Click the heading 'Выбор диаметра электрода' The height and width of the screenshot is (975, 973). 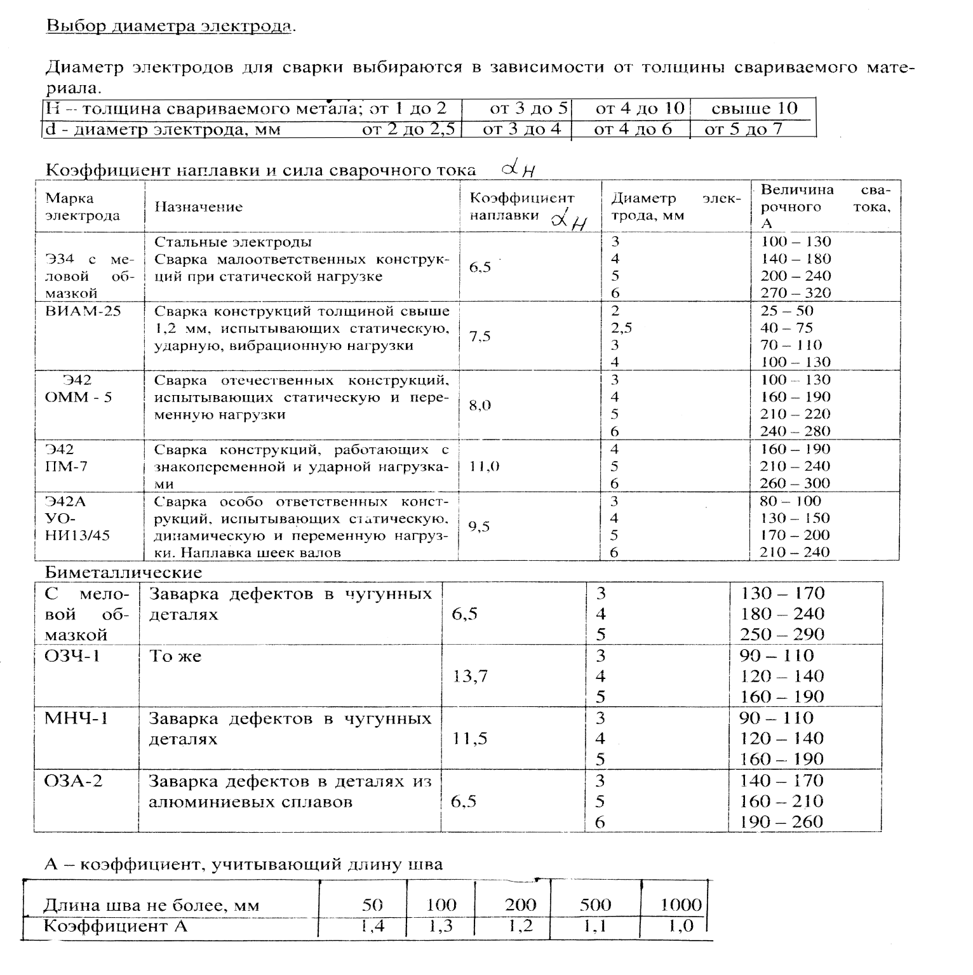click(170, 27)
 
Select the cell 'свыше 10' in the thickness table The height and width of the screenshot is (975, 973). click(754, 108)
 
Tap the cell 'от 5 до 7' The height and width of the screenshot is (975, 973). click(744, 130)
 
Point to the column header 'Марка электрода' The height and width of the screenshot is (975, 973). click(83, 207)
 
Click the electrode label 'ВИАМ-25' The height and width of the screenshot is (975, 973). click(83, 311)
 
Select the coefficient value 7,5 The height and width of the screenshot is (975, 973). click(480, 337)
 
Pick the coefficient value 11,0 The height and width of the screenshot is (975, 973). click(484, 466)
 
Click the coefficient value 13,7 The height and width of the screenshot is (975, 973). click(470, 676)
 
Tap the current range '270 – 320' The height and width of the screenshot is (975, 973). click(796, 293)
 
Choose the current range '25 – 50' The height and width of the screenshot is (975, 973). click(787, 311)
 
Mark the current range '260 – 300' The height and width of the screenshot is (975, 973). click(795, 483)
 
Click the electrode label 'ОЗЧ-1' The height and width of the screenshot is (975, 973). click(72, 656)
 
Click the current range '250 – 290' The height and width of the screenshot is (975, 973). click(782, 634)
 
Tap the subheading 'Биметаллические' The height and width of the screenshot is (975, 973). click(123, 572)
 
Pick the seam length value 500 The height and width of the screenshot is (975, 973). click(595, 904)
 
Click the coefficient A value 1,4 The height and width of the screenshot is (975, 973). click(372, 926)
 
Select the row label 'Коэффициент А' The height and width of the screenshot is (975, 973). click(116, 926)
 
